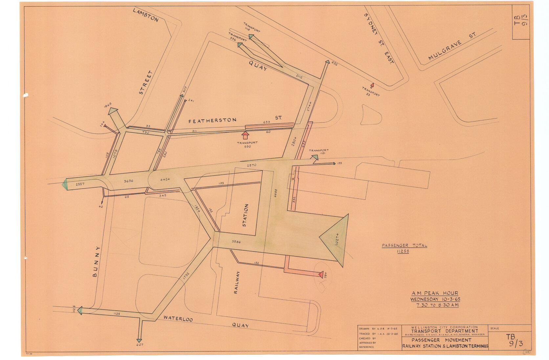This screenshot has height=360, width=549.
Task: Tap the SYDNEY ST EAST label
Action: click(379, 39)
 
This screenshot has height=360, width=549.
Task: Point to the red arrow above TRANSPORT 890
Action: click(245, 135)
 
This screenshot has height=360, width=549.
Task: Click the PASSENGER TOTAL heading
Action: click(404, 245)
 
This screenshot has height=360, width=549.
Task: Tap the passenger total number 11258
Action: click(403, 251)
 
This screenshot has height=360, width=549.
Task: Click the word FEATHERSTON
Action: click(212, 121)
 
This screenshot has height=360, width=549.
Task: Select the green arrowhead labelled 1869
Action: click(113, 111)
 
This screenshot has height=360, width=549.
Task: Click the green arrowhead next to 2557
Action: click(65, 185)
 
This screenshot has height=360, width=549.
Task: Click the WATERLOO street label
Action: click(178, 319)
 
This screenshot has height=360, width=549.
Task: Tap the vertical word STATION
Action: click(245, 215)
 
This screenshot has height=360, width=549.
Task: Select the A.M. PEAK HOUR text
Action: click(435, 293)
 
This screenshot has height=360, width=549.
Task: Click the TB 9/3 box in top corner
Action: click(521, 22)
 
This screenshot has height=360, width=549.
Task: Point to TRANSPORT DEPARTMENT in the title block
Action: click(445, 331)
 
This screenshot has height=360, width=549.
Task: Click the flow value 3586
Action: click(236, 242)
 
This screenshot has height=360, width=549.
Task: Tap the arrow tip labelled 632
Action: click(327, 62)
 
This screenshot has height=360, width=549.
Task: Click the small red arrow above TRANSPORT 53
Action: click(372, 85)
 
